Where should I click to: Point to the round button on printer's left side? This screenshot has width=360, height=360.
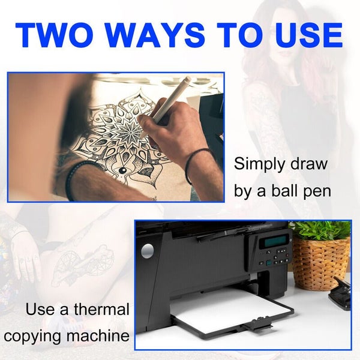pyautogui.click(x=147, y=251)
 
